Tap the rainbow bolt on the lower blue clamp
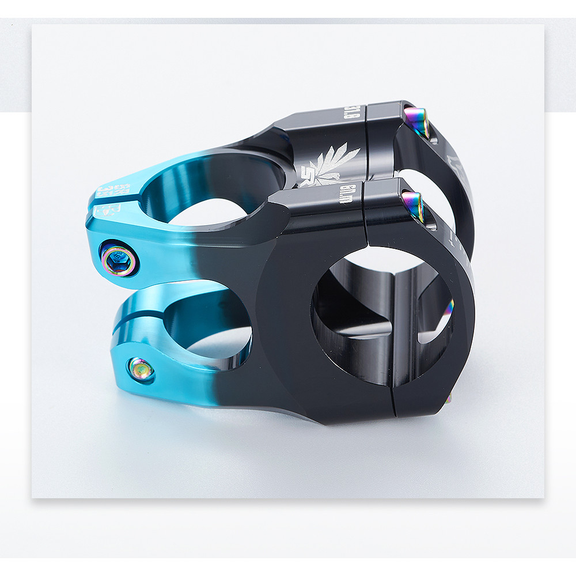coord(141,369)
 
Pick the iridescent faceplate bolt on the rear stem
coord(416,120)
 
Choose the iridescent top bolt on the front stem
coord(414,206)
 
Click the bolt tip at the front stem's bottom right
coord(448,397)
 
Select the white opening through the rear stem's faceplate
coord(423,190)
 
